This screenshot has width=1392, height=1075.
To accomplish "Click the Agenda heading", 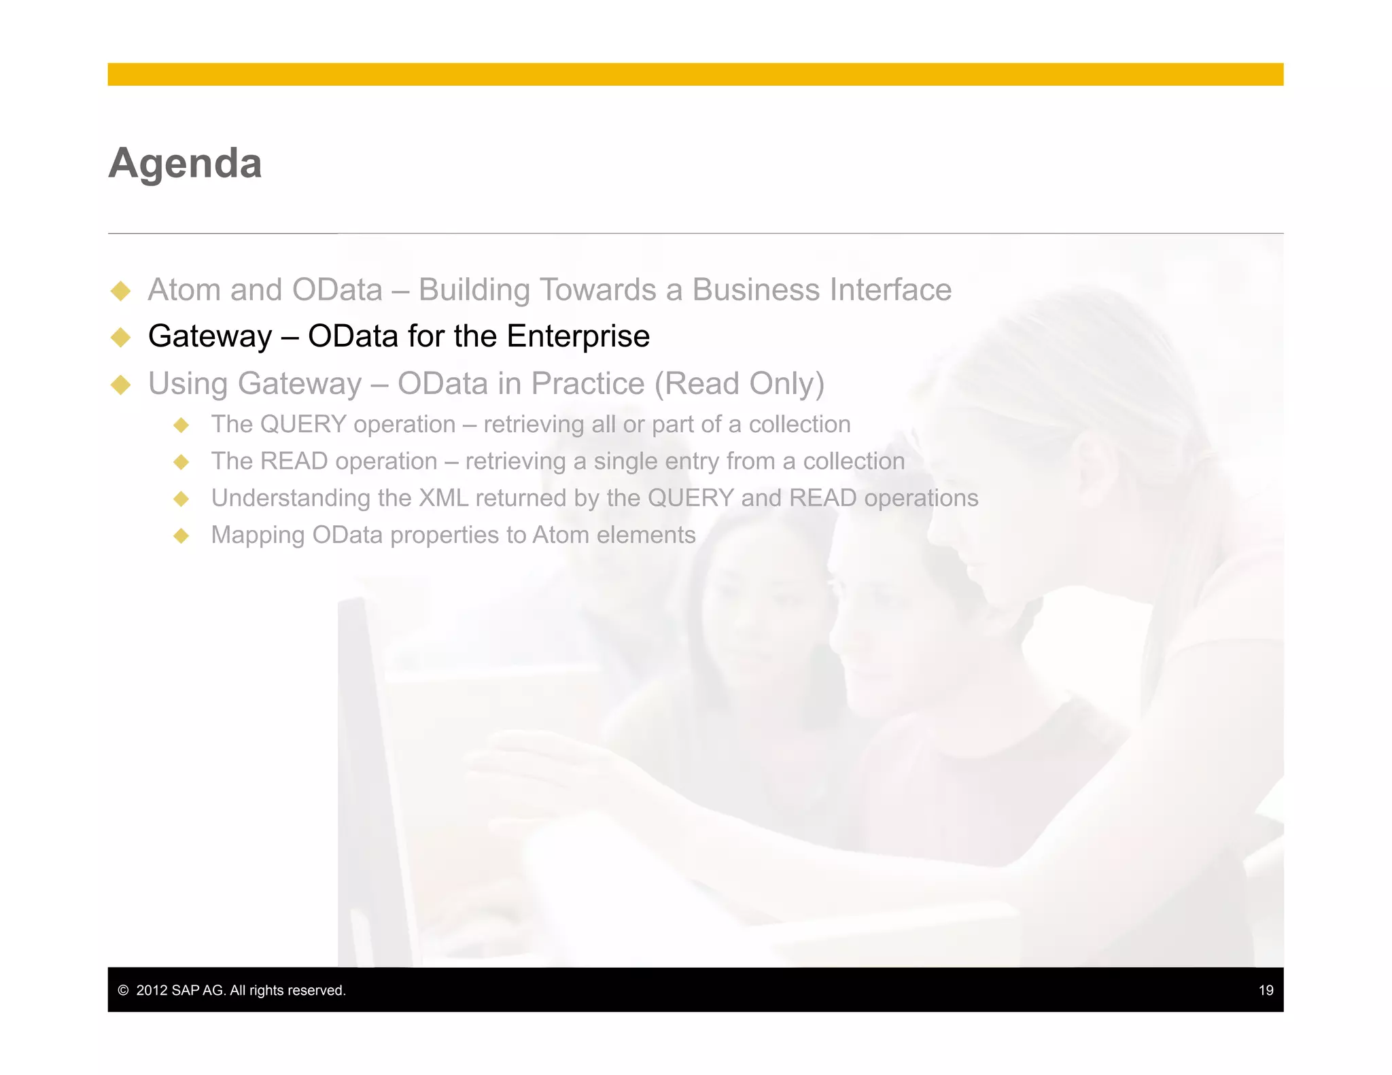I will coord(185,163).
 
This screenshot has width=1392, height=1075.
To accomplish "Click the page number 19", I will coord(1266,990).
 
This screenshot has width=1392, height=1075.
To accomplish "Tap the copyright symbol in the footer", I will coord(123,990).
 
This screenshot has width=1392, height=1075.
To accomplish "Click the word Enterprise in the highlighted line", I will coord(578,336).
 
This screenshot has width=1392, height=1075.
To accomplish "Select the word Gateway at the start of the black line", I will coord(210,336).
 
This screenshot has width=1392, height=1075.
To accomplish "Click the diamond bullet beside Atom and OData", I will coord(121,291).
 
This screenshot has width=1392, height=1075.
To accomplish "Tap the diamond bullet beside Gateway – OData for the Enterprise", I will coord(121,337).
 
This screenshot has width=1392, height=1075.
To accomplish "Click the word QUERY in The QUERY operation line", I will coord(303,424).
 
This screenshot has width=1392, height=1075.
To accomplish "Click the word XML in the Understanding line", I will coord(443,498).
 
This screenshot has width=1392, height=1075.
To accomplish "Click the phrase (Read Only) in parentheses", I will coord(739,384).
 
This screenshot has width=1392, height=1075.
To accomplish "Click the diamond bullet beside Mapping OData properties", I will coord(181,535).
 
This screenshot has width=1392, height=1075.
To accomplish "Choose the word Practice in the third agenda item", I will coord(587,384).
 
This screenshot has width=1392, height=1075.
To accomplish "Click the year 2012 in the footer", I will coord(152,990).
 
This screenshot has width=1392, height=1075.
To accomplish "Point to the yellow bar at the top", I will coord(695,74).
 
